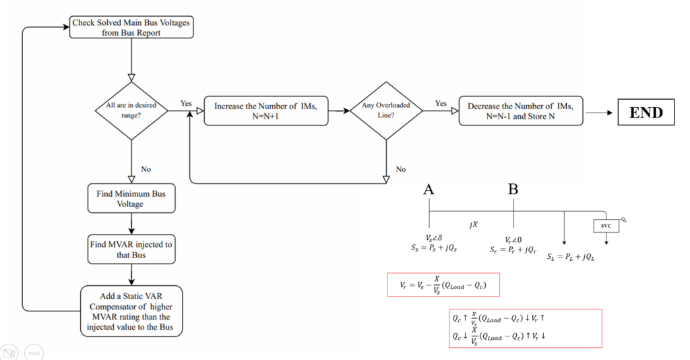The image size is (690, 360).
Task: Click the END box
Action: click(x=646, y=112)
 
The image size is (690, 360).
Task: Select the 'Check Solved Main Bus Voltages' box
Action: click(x=131, y=27)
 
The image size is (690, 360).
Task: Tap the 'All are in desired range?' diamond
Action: click(x=131, y=111)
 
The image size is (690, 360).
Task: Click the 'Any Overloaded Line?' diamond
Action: click(x=386, y=111)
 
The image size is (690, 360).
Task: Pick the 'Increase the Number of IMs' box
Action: click(x=265, y=111)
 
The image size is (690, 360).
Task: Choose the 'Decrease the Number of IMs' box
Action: click(x=521, y=111)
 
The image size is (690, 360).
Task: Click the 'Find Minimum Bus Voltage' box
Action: click(x=131, y=198)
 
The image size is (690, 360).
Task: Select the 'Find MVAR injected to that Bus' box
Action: click(x=131, y=249)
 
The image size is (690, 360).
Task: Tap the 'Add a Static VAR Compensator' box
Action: click(x=131, y=311)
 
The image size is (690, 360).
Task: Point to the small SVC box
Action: click(x=606, y=226)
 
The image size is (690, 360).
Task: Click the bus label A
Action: click(x=429, y=189)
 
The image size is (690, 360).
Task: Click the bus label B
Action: click(x=513, y=189)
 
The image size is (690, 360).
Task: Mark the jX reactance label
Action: click(x=474, y=224)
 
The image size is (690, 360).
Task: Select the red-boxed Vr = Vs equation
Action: click(x=443, y=284)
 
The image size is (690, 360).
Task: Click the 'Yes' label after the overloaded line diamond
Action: click(x=441, y=103)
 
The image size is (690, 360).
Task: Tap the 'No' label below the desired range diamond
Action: click(x=146, y=169)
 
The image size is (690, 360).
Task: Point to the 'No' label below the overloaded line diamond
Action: click(x=400, y=169)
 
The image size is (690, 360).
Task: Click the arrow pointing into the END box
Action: click(x=599, y=113)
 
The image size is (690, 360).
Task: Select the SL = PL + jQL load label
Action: click(x=571, y=257)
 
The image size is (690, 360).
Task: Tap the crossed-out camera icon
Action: click(x=9, y=353)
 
